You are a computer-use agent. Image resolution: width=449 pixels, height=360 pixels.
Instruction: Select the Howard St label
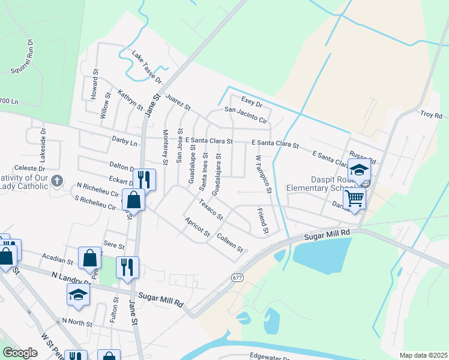pyautogui.click(x=94, y=88)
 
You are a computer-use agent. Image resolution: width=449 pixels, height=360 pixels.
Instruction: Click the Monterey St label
pyautogui.click(x=166, y=146)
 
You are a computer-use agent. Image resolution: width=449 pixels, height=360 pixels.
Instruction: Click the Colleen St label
pyautogui.click(x=230, y=242)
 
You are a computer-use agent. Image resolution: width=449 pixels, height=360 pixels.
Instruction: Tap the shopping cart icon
pyautogui.click(x=355, y=197)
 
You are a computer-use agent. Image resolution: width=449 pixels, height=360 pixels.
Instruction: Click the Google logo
pyautogui.click(x=20, y=353)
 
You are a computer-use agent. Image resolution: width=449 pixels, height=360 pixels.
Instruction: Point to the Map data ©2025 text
pyautogui.click(x=423, y=355)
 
